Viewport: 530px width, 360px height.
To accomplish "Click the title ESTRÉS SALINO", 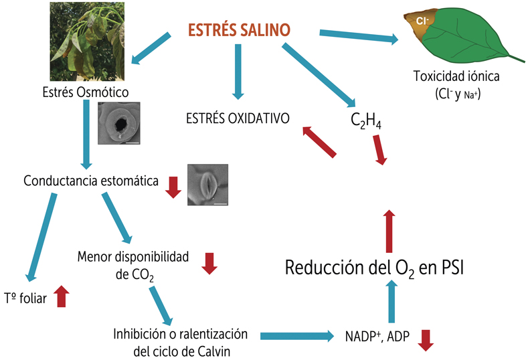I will (x=239, y=30).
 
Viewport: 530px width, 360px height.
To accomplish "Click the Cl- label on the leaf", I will (x=422, y=21).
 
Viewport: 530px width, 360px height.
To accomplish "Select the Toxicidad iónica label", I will (x=457, y=76).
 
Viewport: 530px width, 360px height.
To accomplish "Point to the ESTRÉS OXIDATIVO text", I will (x=238, y=118).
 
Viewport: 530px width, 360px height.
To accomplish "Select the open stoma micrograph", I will (x=118, y=124).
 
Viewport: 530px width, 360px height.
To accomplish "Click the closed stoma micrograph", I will (x=207, y=184).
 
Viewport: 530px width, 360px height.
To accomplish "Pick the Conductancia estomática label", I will (x=90, y=181).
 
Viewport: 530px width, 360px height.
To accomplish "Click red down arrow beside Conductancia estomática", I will (x=173, y=187).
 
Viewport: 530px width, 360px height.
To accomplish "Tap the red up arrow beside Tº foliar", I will (x=62, y=295).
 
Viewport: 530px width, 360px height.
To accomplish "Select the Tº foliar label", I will (x=25, y=298).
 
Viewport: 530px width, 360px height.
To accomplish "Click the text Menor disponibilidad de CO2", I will (x=133, y=264).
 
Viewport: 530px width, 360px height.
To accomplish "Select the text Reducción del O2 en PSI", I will (x=374, y=268).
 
